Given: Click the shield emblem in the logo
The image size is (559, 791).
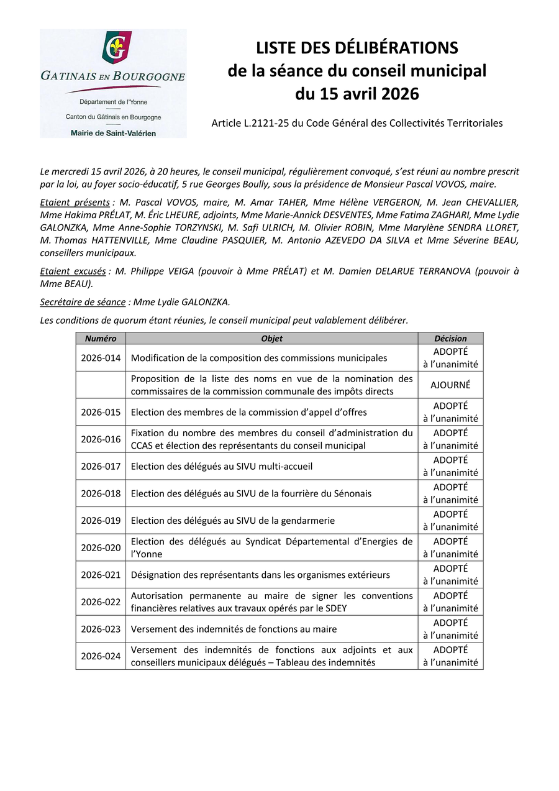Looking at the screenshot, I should pos(116,48).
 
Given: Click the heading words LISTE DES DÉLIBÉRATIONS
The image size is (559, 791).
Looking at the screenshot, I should pos(357,48).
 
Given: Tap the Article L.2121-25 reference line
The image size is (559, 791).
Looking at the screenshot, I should pos(357,123).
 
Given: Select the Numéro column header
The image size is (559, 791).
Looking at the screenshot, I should pos(101,339).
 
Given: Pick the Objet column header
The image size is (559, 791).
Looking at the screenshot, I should pos(271,339).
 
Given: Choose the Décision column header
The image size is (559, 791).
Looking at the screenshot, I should pos(450,339).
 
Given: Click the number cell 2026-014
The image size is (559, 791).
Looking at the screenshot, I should pos(101,358).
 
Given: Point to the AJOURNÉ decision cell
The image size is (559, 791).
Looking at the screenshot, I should pos(450,385).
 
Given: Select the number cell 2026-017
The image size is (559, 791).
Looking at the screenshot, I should pos(101,466).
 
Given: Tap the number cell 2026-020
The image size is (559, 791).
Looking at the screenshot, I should pos(101,547).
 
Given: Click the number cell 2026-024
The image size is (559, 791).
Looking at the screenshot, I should pos(101,656).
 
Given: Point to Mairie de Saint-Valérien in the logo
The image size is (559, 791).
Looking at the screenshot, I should pos(113,132).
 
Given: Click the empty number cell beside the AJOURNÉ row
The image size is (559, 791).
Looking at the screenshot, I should pos(101,385).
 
